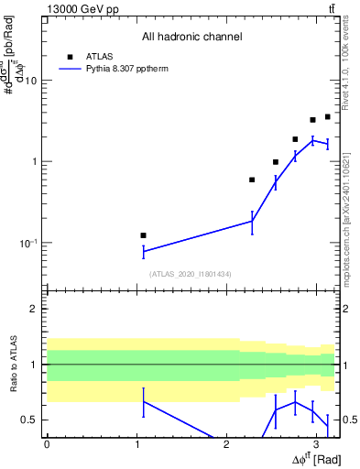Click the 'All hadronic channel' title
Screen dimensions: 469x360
[191, 37]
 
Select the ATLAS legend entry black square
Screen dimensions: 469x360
[70, 57]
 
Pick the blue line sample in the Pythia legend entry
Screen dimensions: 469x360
[70, 69]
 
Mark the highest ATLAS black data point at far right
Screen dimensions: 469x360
[327, 116]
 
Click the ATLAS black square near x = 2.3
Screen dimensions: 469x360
[252, 180]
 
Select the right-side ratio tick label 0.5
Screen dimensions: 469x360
[348, 420]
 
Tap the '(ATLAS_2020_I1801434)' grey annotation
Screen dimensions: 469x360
[191, 274]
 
